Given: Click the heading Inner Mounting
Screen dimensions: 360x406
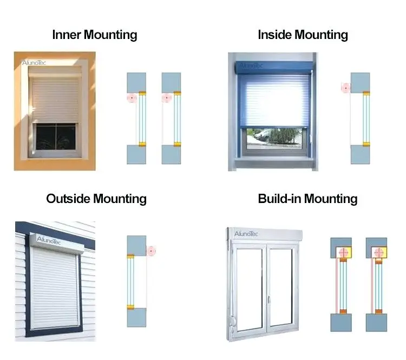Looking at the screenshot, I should pos(94,35).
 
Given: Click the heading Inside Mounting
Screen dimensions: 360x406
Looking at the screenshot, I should pos(303,35).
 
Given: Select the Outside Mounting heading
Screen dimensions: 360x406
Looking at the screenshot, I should pos(96,199).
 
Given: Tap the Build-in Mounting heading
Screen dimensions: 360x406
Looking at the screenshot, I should pos(307,199).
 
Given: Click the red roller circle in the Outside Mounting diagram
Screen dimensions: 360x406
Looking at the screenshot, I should pos(150,251).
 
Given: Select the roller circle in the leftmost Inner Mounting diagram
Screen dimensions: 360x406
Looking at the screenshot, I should pos(130,98).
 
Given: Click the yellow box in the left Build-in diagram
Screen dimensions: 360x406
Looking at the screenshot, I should pos(343,252).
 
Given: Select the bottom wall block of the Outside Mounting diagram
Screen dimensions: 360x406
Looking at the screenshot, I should pos(136,317).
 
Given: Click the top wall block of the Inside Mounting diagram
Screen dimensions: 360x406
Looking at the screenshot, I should pos(360,81).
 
